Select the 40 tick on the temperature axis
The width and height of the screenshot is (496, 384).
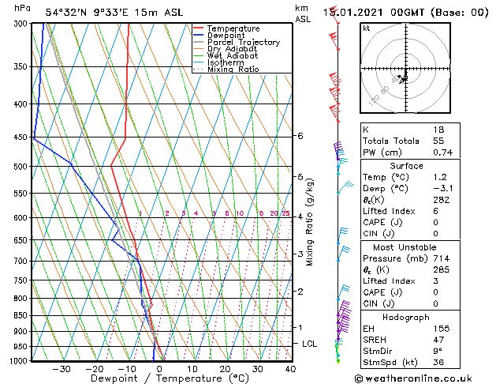(290, 369)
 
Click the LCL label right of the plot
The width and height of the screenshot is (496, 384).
(310, 344)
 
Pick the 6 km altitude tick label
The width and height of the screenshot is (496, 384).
(300, 136)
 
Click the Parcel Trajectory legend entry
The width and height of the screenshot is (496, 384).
(243, 42)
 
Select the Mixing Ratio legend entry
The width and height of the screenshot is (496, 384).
(233, 70)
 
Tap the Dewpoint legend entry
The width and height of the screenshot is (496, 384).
(229, 36)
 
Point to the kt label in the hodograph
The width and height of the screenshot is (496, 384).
(367, 28)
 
